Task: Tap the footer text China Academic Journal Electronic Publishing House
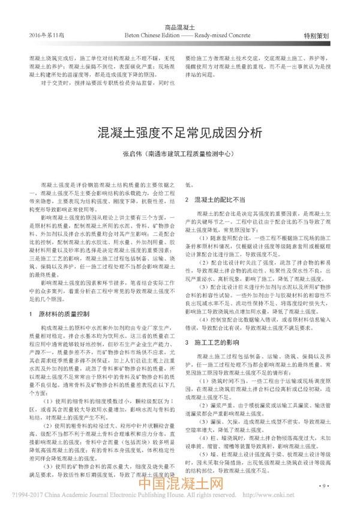121,498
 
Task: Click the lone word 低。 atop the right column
190,187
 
